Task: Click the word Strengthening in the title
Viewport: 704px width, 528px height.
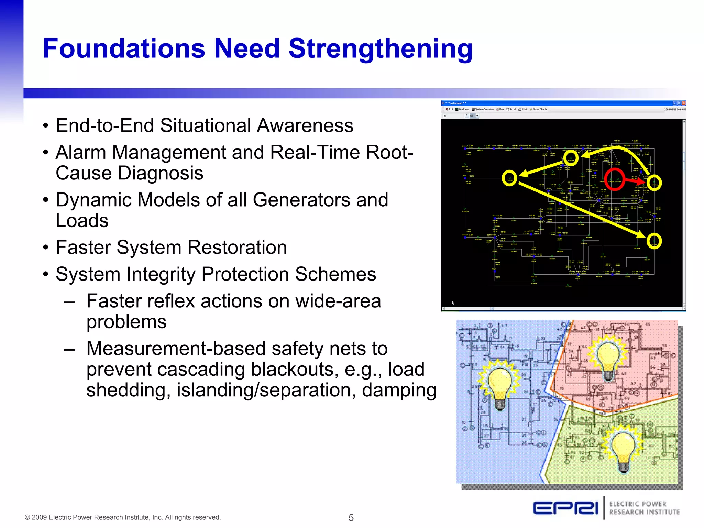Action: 381,49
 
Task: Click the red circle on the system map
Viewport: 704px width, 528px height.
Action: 614,179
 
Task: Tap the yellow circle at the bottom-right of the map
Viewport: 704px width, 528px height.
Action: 654,241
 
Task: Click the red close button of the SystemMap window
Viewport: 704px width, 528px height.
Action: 684,103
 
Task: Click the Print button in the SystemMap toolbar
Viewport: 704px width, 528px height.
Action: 522,109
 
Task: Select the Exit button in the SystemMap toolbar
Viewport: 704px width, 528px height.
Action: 449,109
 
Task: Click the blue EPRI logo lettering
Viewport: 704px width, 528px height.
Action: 565,508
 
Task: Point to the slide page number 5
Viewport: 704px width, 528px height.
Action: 351,518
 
